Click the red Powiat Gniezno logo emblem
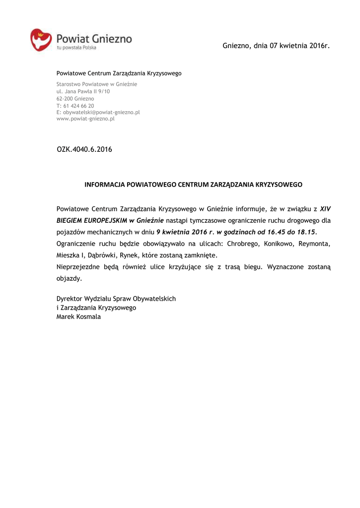(41, 40)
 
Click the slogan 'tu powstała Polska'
(76, 48)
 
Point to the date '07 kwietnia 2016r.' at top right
(300, 46)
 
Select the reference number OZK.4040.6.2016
(84, 149)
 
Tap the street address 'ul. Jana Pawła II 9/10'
(83, 91)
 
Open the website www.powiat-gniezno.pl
(85, 119)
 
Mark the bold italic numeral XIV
(325, 209)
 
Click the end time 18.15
(304, 232)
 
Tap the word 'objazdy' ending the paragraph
(69, 278)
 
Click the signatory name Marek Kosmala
(78, 317)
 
